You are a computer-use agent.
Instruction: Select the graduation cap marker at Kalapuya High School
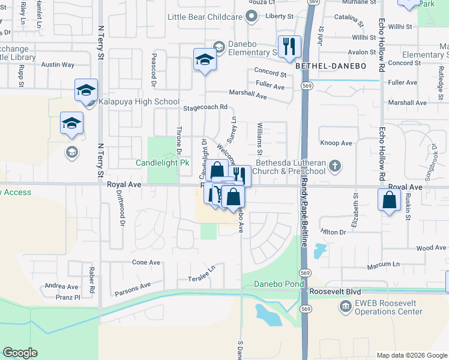(x=86, y=90)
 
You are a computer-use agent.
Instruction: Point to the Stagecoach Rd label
(x=205, y=107)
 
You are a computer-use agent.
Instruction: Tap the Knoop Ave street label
(x=336, y=143)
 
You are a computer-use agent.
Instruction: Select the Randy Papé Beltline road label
(x=304, y=213)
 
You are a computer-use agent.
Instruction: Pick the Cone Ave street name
(x=146, y=262)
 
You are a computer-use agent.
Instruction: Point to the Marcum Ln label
(x=383, y=264)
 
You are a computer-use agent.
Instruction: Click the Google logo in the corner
(x=20, y=353)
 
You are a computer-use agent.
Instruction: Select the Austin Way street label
(x=58, y=64)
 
